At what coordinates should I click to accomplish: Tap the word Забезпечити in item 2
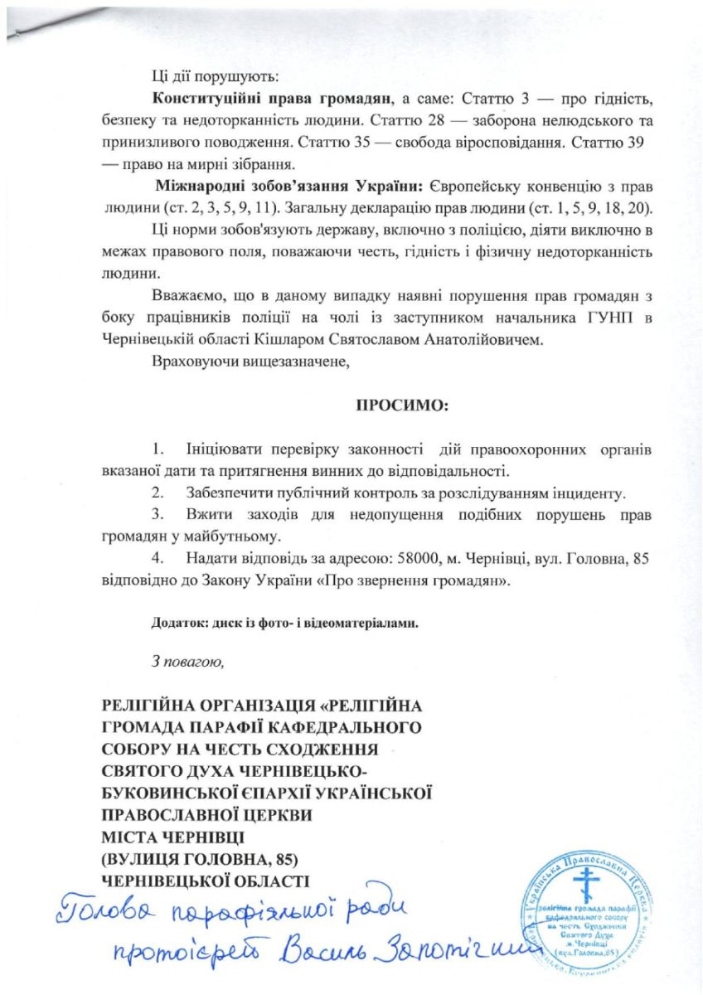click(x=229, y=493)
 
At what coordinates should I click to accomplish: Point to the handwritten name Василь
click(x=318, y=963)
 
